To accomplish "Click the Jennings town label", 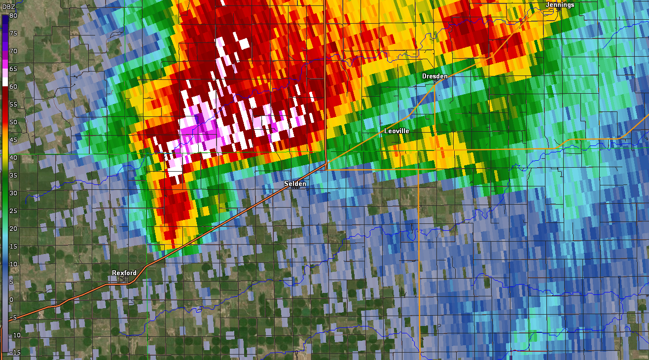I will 560,5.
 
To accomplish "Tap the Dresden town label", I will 434,76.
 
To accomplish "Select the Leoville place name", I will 397,131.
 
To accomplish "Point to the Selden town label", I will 295,184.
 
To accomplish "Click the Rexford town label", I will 124,273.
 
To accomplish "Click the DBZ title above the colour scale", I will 9,6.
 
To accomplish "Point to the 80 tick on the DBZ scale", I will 13,16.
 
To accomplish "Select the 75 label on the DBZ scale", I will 13,34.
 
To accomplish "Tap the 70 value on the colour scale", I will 13,51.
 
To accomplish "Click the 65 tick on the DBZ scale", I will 13,69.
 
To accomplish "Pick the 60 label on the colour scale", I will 13,87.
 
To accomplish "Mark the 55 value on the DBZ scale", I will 13,105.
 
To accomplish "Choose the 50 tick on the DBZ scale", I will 13,122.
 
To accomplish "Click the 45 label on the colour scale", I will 13,140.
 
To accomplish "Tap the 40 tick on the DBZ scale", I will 13,158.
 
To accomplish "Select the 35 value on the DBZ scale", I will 13,176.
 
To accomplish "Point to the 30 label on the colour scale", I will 13,193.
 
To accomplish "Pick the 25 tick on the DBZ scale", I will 13,211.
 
